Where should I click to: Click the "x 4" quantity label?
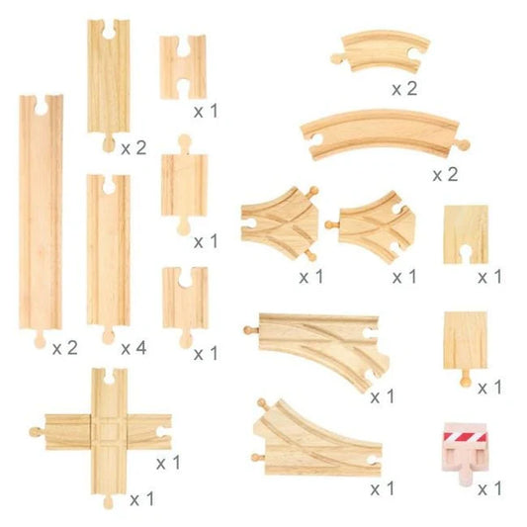tap(133, 348)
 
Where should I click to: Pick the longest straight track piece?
tap(42, 218)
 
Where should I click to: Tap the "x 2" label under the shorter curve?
tap(404, 88)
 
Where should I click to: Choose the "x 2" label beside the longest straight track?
tap(64, 348)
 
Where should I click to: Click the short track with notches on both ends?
tap(183, 66)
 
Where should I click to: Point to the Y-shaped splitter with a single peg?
tap(376, 220)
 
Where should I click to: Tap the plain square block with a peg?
tap(465, 341)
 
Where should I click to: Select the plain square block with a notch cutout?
tap(466, 234)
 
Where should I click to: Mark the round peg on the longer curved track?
tap(465, 144)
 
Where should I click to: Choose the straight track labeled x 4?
tap(108, 252)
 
